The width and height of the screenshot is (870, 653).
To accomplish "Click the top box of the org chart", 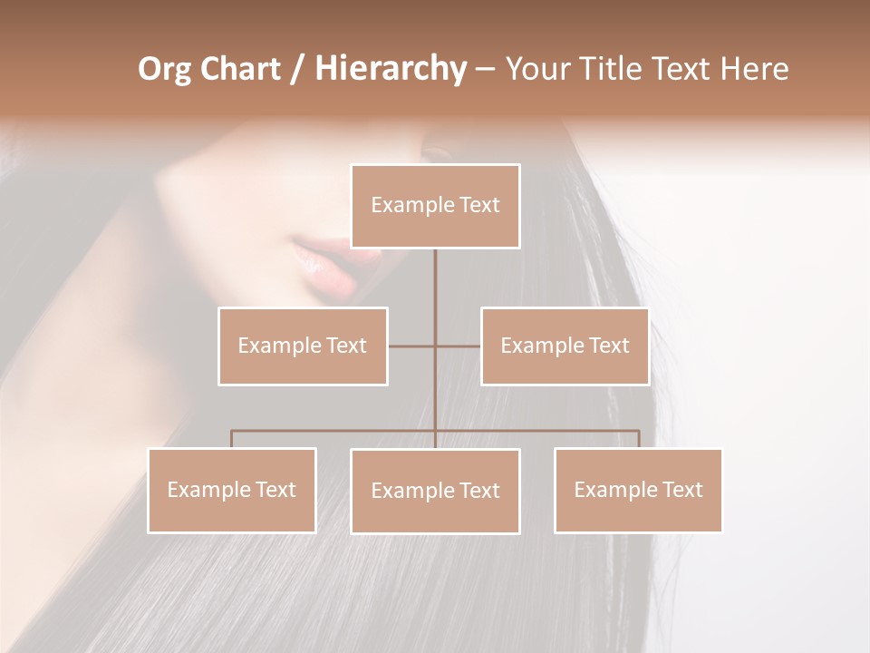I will [x=435, y=206].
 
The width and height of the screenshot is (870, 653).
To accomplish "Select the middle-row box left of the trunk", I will [x=303, y=346].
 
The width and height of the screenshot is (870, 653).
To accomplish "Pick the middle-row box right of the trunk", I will [x=565, y=346].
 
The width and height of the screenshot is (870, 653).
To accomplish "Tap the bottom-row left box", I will [x=232, y=490].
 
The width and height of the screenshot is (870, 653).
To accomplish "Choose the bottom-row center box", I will [x=435, y=491].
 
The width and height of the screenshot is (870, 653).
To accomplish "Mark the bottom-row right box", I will [x=638, y=490].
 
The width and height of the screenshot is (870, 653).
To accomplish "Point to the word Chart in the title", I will [x=239, y=69].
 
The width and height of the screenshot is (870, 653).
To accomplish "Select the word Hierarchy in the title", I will [x=390, y=69].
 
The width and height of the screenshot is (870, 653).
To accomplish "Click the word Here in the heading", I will [x=754, y=69].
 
